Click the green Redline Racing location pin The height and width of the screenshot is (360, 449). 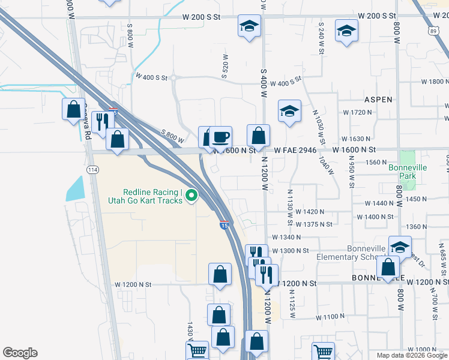pyautogui.click(x=191, y=195)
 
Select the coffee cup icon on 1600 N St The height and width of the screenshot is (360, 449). pyautogui.click(x=220, y=137)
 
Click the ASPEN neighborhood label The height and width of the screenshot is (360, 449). pyautogui.click(x=378, y=100)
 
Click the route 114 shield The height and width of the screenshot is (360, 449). pyautogui.click(x=92, y=170)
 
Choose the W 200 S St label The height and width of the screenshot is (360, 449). pyautogui.click(x=377, y=16)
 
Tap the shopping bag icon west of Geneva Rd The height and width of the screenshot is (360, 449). pyautogui.click(x=73, y=110)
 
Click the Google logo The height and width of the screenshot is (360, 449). pyautogui.click(x=20, y=353)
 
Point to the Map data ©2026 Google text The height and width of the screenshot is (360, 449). pyautogui.click(x=412, y=355)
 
